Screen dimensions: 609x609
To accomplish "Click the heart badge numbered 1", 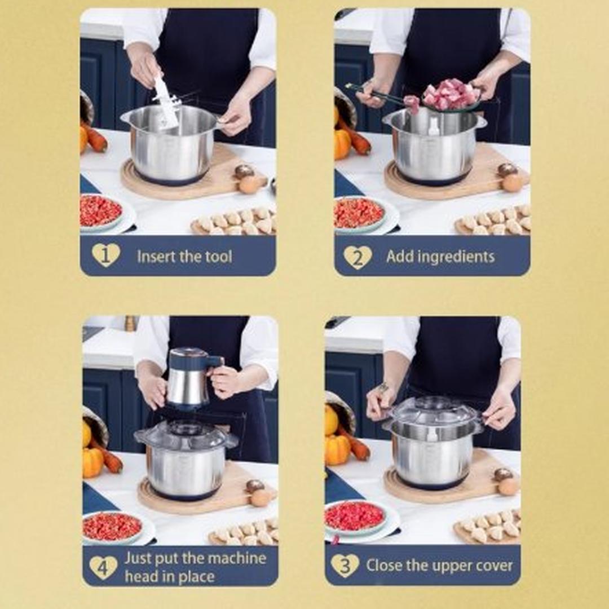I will pos(105,255).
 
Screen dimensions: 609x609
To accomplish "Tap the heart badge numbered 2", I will pos(358,257).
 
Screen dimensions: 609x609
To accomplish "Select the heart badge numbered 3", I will pos(345,566).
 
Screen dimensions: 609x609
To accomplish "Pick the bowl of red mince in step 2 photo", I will pos(359,214).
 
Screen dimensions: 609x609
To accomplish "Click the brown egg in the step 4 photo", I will pos(261,497).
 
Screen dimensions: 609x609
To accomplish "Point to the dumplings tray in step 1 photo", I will pos(236,222).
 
